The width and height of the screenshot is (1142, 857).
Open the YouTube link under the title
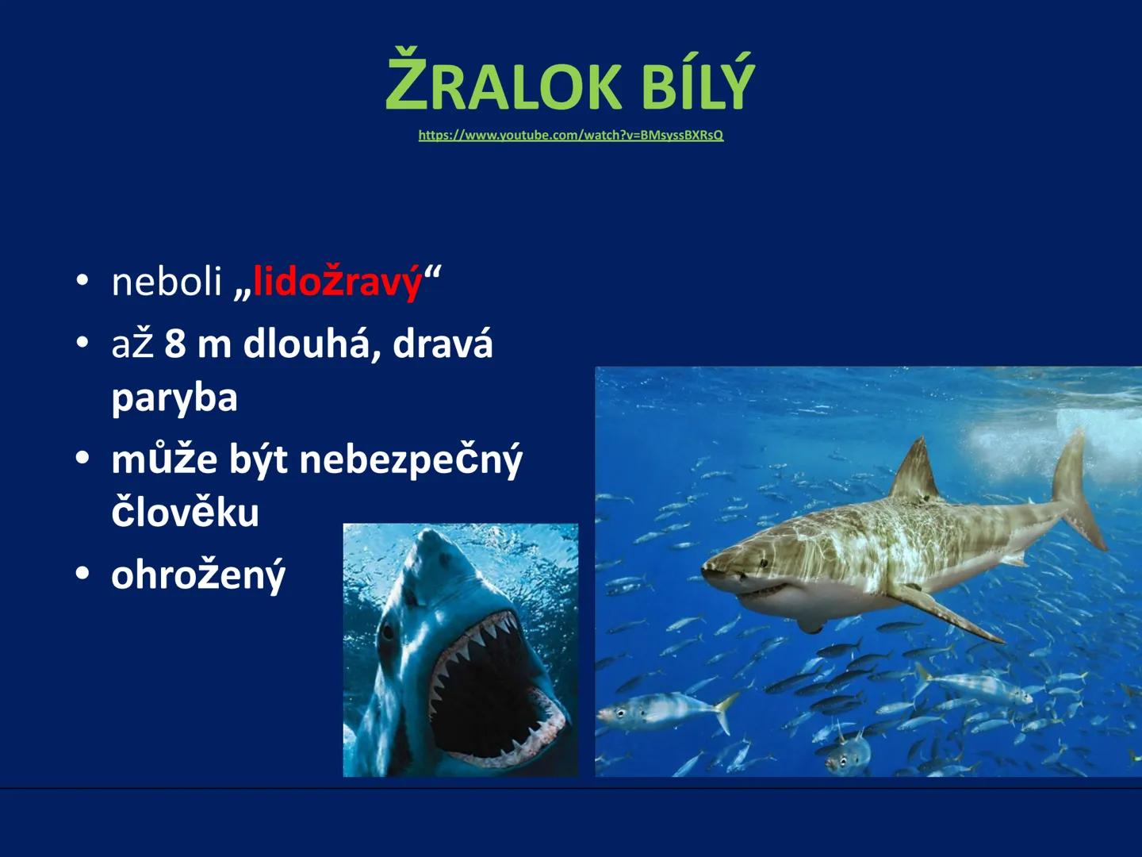tap(570, 136)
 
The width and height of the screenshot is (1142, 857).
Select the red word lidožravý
tap(337, 282)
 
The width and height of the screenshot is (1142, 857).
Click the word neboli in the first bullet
tap(167, 282)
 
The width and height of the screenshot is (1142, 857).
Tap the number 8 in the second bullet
tap(175, 344)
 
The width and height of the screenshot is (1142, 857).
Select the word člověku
tap(185, 513)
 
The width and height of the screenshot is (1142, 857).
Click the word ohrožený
tap(197, 575)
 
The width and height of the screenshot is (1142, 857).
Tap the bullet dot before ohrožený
tap(82, 573)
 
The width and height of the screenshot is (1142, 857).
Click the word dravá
tap(443, 344)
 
